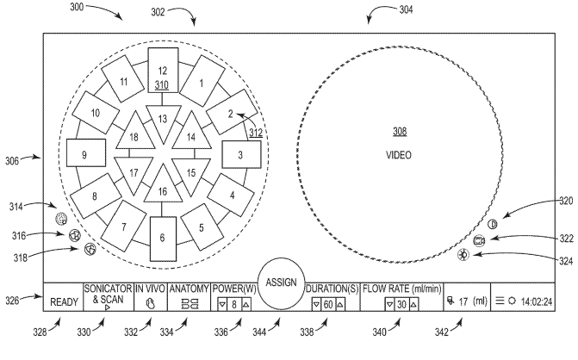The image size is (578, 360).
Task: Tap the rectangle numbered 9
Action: pyautogui.click(x=85, y=154)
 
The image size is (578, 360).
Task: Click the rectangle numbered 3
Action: pyautogui.click(x=240, y=155)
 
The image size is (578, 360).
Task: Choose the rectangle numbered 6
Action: pyautogui.click(x=163, y=236)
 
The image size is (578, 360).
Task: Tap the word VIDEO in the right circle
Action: pyautogui.click(x=401, y=155)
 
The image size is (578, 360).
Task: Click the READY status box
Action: pyautogui.click(x=64, y=301)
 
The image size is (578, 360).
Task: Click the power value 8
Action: pyautogui.click(x=233, y=304)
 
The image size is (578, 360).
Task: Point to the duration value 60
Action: pyautogui.click(x=328, y=304)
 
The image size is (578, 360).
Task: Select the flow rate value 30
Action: pyautogui.click(x=401, y=304)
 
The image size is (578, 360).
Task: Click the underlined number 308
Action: pyautogui.click(x=400, y=132)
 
